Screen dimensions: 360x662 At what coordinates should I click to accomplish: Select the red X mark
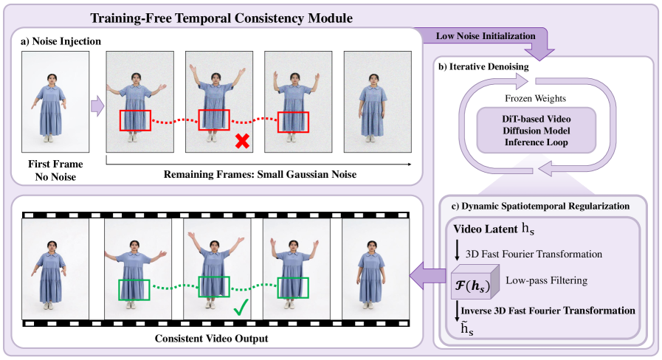(241, 142)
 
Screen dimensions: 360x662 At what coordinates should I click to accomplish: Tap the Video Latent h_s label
(492, 229)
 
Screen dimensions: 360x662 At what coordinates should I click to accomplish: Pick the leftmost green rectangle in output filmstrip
(134, 289)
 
